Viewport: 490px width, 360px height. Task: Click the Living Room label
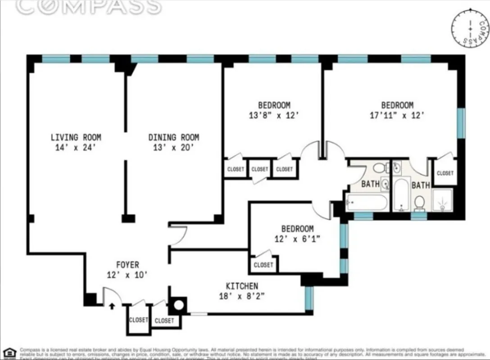click(76, 137)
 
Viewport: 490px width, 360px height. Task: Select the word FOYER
click(128, 265)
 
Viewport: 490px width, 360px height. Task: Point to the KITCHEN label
click(242, 286)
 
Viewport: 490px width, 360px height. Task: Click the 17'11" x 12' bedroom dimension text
click(397, 115)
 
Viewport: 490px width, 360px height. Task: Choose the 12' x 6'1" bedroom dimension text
click(297, 239)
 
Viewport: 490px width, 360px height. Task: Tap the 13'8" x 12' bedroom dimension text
click(274, 115)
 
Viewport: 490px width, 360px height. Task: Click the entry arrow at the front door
click(112, 306)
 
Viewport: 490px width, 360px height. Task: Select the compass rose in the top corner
click(470, 28)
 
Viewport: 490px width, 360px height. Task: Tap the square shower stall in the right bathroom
click(442, 200)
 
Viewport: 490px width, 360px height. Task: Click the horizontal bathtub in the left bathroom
click(367, 202)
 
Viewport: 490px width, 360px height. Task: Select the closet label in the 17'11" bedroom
click(445, 173)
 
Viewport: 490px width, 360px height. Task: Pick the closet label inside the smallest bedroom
click(263, 265)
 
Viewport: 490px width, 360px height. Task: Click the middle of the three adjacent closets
click(260, 170)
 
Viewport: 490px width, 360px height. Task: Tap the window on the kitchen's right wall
click(309, 297)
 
